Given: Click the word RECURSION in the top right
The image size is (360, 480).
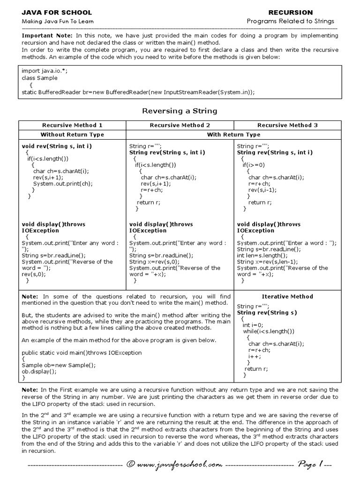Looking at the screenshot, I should pos(290,12).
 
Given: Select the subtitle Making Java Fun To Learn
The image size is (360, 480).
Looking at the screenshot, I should pos(58,22).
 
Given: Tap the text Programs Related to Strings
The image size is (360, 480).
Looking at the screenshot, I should pos(291,22).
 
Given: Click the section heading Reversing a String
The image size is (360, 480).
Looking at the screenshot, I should pos(180,111).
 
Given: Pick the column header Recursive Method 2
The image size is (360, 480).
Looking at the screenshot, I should pos(180,125).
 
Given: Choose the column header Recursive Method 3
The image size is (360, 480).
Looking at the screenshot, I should pos(287,125).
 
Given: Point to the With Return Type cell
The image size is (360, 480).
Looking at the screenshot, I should pos(233,135).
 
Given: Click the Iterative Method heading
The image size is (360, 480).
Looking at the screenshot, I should pos(287,296).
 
